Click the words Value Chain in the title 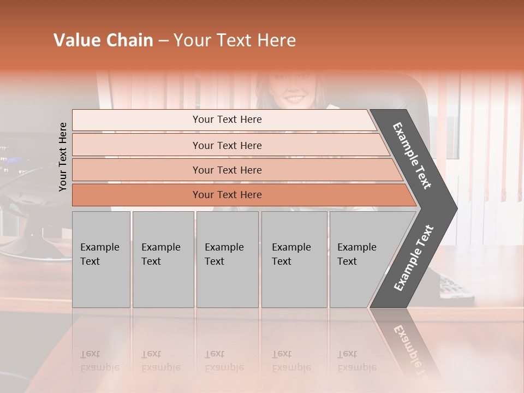pos(103,40)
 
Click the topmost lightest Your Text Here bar pos(227,120)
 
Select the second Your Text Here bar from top pos(227,145)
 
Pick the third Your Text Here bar pos(227,170)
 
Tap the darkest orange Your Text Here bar pos(227,195)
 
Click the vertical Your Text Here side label pos(63,157)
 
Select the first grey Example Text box pos(101,259)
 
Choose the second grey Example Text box pos(163,259)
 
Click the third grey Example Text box pos(227,259)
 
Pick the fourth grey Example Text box pos(294,259)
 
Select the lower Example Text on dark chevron pos(414,258)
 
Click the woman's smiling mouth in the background pos(294,99)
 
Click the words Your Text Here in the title pos(235,40)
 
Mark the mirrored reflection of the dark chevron pos(407,344)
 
